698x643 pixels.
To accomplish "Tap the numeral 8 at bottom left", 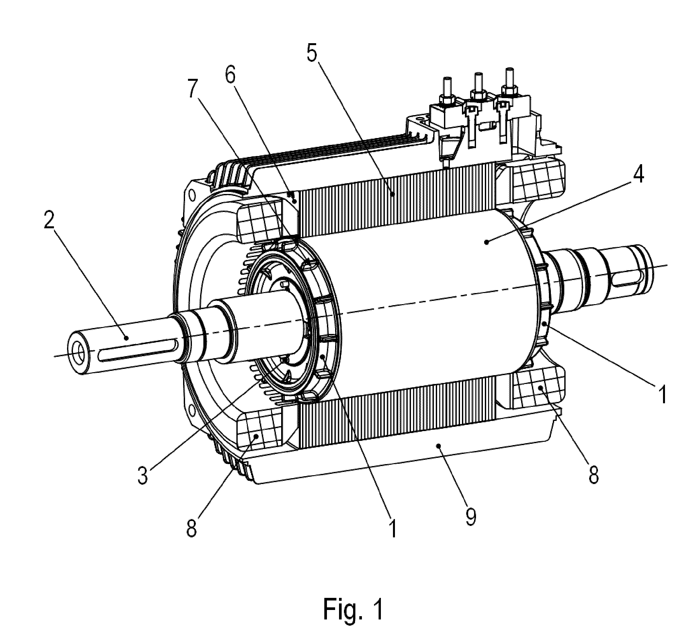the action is coord(192,530).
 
